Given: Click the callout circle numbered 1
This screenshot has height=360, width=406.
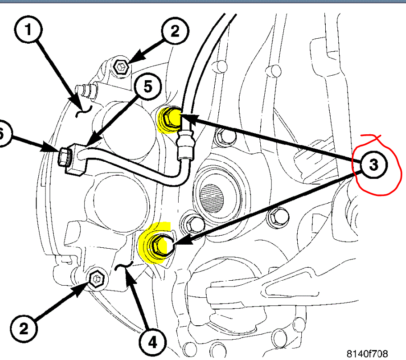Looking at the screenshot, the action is pyautogui.click(x=28, y=31).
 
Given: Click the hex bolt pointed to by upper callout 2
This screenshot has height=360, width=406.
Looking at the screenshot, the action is pyautogui.click(x=121, y=68).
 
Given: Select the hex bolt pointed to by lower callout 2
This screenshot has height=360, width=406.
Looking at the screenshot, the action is pyautogui.click(x=96, y=278).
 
